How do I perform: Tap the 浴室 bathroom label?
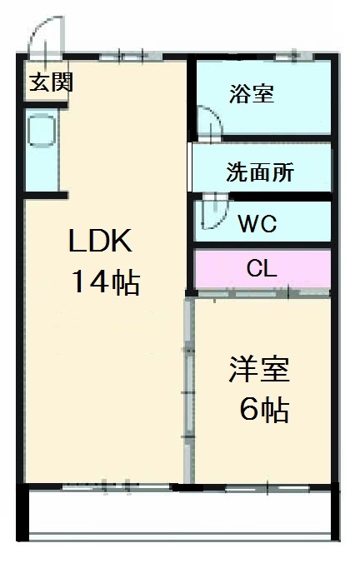tap(251, 94)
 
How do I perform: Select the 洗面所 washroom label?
tap(260, 172)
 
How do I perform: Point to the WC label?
tap(257, 224)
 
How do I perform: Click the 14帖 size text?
tap(104, 283)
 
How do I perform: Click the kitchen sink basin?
tap(41, 132)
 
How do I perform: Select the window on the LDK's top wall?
tap(125, 56)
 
